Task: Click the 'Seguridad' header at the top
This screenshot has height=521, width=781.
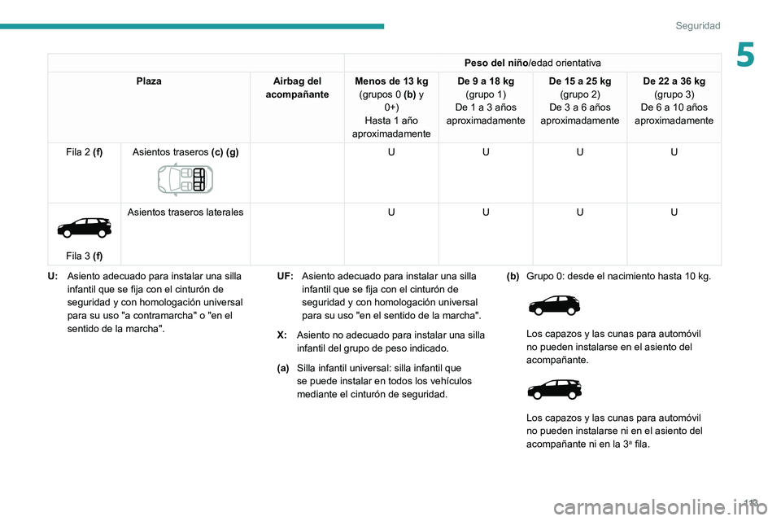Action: coord(697,26)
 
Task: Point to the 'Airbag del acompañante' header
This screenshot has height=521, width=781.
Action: coord(297,88)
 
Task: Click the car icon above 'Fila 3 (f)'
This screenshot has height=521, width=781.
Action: coord(84,227)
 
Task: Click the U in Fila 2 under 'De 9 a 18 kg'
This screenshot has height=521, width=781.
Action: coord(486,152)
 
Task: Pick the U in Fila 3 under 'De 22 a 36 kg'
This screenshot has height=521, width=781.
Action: coord(674,212)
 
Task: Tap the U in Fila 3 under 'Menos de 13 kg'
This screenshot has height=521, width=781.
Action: coord(391,212)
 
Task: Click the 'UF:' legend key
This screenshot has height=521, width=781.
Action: coord(286,277)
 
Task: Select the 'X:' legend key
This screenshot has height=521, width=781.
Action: coord(281,335)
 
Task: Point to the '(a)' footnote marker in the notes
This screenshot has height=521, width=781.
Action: coord(283,369)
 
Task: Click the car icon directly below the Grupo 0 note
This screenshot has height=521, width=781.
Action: coord(554,307)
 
